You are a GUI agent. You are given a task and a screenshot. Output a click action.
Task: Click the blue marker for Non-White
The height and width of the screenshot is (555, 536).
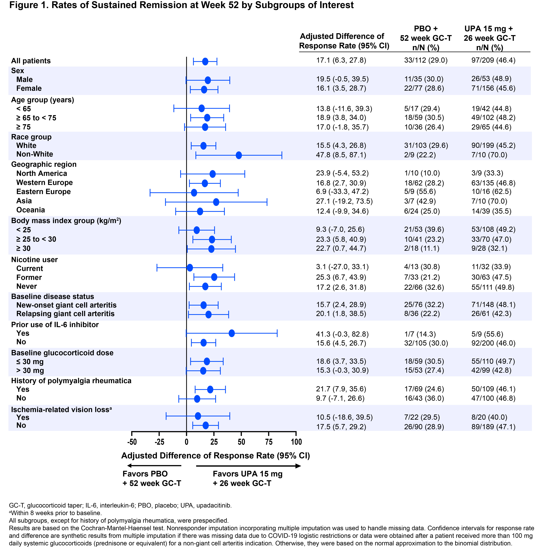point(239,155)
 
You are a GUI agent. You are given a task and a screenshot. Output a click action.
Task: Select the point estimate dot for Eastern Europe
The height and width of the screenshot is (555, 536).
point(194,193)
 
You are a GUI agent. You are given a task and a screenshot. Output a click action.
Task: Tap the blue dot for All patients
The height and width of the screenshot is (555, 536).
point(205,61)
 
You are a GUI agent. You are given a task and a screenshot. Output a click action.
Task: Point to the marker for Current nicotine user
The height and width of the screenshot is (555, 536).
point(190,268)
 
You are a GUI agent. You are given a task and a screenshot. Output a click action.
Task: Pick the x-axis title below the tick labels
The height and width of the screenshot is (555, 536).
point(216,456)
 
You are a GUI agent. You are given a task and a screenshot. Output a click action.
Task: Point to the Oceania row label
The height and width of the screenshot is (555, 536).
point(31,210)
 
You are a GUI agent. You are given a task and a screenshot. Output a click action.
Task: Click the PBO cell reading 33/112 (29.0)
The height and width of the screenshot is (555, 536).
point(426,60)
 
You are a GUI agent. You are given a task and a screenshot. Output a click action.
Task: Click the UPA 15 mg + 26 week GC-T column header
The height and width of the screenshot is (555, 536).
point(489,38)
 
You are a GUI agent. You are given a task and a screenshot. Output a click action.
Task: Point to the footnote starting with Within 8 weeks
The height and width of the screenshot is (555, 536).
point(55,513)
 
